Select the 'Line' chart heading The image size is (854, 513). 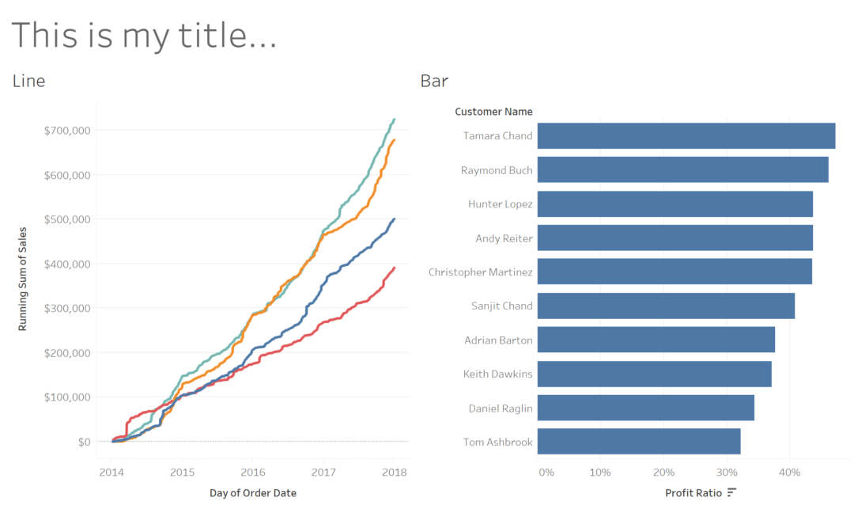(x=28, y=81)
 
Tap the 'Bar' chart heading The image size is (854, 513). (x=434, y=81)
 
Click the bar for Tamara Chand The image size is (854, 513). (x=686, y=136)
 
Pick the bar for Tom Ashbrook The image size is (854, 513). (x=638, y=442)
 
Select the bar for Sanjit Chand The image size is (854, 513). (x=665, y=306)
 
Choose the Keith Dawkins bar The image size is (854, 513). (x=654, y=374)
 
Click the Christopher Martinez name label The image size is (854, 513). (x=480, y=272)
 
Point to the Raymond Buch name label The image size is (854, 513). (x=497, y=170)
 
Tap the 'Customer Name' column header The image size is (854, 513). (x=493, y=112)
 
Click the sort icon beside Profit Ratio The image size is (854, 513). (x=731, y=492)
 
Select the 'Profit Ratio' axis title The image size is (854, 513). (x=693, y=492)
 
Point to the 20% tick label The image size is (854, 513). (x=663, y=473)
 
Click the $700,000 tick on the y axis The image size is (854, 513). (x=67, y=130)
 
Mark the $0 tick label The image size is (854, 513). (x=83, y=442)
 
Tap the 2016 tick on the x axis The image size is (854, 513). (x=251, y=473)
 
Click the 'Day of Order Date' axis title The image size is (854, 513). (x=252, y=492)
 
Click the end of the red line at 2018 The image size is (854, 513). (x=394, y=268)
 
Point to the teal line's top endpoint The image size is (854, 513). (x=394, y=120)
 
